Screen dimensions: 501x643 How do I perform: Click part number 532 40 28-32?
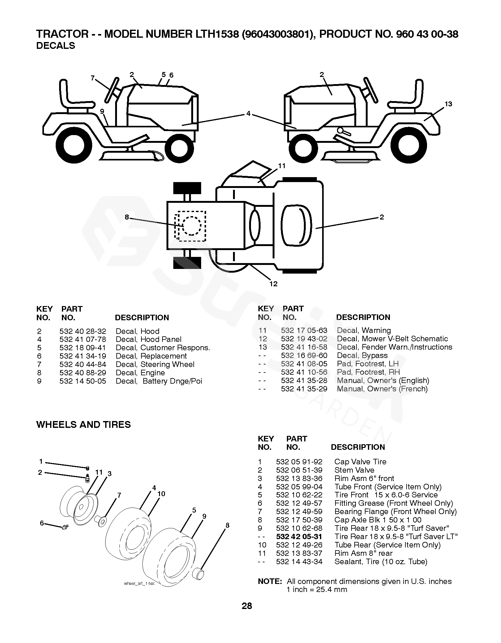pos(83,331)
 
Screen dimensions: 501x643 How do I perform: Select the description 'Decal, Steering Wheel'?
pos(155,364)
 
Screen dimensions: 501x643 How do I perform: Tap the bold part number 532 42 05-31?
pos(299,536)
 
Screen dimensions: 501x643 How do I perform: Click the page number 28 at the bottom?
pos(247,615)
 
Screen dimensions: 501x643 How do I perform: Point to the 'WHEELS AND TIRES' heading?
pos(84,424)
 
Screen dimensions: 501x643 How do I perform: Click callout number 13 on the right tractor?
pos(448,104)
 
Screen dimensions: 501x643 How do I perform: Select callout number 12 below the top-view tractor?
pos(274,284)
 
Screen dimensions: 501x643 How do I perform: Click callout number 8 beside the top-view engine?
pos(127,217)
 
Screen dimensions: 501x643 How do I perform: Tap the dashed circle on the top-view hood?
pos(192,226)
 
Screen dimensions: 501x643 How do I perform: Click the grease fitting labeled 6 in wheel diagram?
pos(65,526)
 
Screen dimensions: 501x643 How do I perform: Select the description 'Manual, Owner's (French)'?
pos(382,389)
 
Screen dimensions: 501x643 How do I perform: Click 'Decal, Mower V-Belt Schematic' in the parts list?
pos(392,339)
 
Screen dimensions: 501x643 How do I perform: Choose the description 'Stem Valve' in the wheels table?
pos(354,470)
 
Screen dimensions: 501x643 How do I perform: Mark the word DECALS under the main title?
pos(56,46)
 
